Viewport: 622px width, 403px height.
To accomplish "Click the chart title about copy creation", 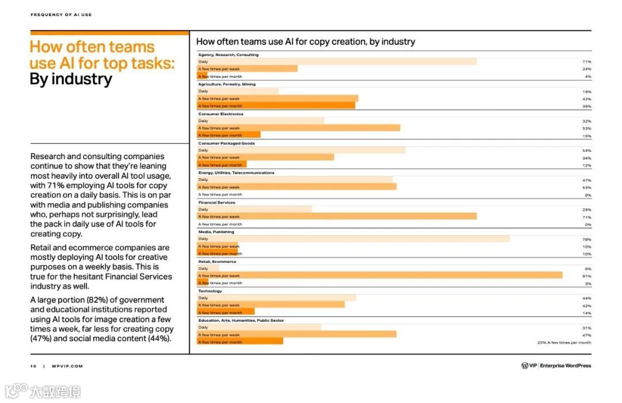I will click(x=305, y=42).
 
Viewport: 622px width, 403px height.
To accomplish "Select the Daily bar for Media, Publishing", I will click(x=354, y=239).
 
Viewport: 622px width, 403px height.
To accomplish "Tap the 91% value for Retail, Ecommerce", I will click(x=587, y=276).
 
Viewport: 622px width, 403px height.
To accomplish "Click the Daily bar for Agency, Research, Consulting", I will click(x=337, y=62).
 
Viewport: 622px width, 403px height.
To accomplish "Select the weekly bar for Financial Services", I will click(x=337, y=216).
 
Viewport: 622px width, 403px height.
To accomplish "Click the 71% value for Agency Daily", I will click(x=587, y=62).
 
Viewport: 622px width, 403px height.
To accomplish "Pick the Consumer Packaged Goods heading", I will click(x=227, y=143).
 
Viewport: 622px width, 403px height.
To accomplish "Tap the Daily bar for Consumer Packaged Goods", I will click(x=301, y=150).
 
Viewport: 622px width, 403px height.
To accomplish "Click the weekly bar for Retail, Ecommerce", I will click(x=380, y=276).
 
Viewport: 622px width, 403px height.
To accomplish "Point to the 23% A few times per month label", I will click(x=564, y=342).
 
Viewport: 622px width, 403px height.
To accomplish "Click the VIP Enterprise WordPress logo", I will click(x=556, y=366).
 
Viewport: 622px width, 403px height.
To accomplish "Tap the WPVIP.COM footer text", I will click(x=67, y=366).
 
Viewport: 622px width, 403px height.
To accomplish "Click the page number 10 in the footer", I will click(x=33, y=366).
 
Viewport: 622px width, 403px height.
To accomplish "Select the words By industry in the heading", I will click(x=71, y=79).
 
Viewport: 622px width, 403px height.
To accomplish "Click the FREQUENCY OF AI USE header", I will click(x=61, y=15).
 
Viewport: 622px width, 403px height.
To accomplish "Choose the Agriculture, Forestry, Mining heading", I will click(x=227, y=84).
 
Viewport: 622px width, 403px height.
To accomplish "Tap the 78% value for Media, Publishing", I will click(x=587, y=239).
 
